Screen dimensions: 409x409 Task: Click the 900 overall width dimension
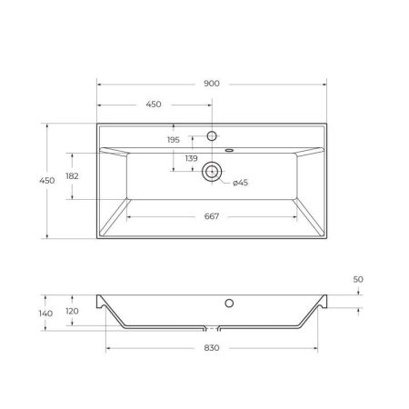212,84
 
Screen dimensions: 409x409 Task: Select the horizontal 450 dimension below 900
155,104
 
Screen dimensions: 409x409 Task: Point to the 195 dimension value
174,139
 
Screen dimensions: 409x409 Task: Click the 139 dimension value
191,159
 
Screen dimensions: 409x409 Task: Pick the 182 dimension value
72,176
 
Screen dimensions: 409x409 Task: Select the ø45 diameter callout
240,184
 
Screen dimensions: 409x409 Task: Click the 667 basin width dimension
212,216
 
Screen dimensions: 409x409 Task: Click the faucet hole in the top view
212,136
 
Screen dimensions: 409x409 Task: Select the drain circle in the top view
212,170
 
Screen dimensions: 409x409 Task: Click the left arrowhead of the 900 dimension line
100,84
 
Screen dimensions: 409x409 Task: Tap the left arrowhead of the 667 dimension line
129,216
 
